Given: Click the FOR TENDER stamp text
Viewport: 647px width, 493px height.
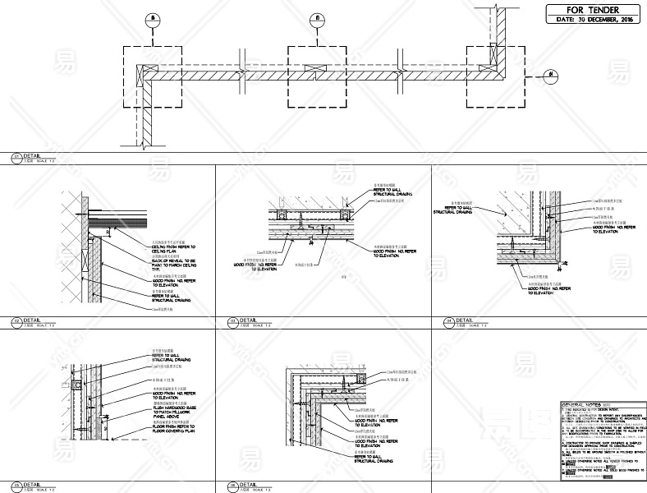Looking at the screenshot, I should point(592,9).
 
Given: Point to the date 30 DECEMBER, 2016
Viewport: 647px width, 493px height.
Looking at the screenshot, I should point(592,19).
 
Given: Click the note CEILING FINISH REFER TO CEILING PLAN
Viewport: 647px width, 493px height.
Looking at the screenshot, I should point(174,247).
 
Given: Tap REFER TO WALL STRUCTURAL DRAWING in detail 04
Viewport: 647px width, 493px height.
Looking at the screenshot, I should point(452,210).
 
